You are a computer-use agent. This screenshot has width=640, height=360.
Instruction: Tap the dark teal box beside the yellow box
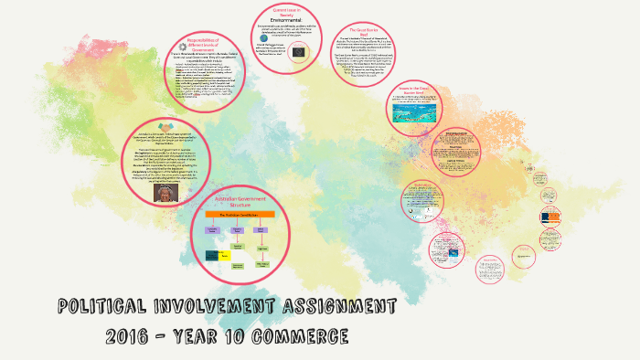point(216,256)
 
